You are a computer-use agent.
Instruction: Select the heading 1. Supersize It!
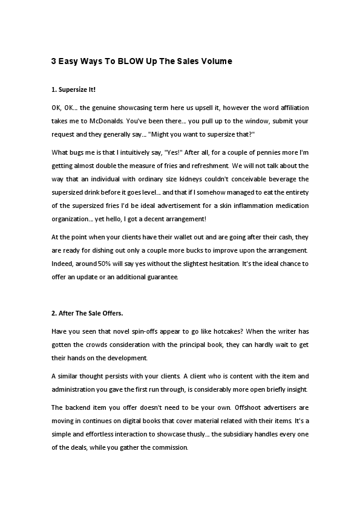pyautogui.click(x=73, y=90)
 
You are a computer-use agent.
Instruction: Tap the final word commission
pyautogui.click(x=170, y=447)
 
